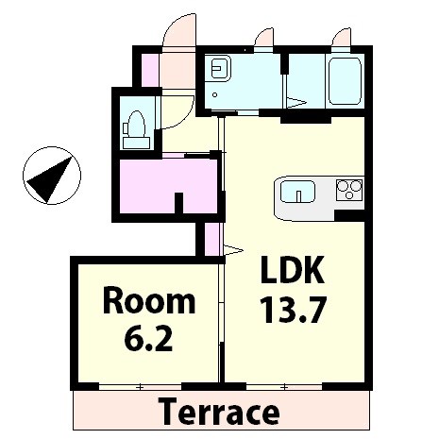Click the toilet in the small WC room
[x=136, y=130]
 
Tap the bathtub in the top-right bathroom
[x=345, y=81]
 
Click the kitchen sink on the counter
[x=297, y=192]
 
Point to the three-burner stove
[x=349, y=190]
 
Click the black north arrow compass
[x=52, y=176]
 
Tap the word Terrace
[x=220, y=412]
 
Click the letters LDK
[x=293, y=270]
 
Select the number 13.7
[x=293, y=310]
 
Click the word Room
[x=149, y=301]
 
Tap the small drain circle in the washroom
[x=215, y=94]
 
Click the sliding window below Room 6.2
[x=141, y=387]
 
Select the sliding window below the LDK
[x=284, y=387]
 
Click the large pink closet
[x=168, y=186]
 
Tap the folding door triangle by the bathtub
[x=295, y=103]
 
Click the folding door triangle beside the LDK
[x=233, y=250]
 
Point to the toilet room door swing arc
[x=182, y=116]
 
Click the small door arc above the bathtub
[x=341, y=37]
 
